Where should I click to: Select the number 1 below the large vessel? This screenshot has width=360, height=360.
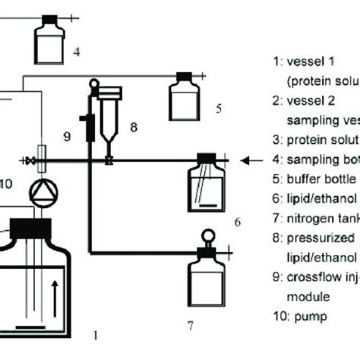pos(95,332)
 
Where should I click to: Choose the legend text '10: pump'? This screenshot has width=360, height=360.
pos(299,314)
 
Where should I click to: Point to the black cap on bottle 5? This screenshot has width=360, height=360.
pos(184,76)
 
